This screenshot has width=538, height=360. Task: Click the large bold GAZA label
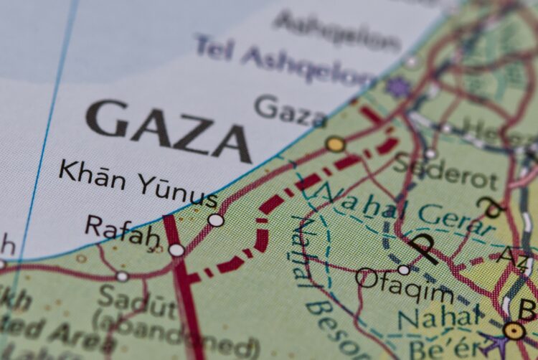coord(169,129)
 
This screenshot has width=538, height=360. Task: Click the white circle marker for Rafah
coord(176,250)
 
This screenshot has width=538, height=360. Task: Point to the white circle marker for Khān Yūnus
coord(215,220)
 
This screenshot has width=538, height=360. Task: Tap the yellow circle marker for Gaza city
coord(335,144)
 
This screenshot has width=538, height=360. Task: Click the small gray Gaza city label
coord(291,111)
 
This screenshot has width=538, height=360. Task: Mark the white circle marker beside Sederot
coord(430,153)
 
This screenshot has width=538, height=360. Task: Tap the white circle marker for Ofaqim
coord(404,270)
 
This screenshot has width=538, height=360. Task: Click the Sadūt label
coord(137,299)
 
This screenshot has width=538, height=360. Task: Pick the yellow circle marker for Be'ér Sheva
coord(514,331)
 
